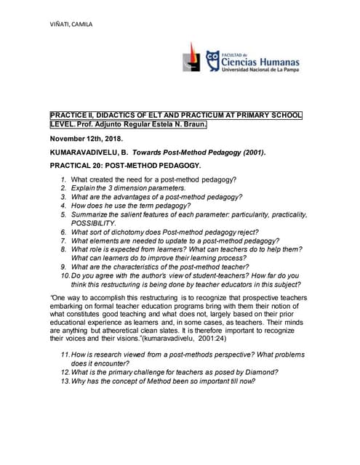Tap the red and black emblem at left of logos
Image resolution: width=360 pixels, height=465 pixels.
pos(191,57)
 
